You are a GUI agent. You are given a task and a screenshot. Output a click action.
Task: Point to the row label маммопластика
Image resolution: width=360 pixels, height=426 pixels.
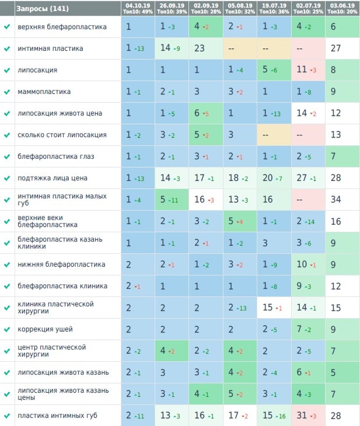(44, 92)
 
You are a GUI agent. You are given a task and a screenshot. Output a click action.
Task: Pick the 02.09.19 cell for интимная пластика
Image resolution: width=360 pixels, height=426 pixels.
(206, 48)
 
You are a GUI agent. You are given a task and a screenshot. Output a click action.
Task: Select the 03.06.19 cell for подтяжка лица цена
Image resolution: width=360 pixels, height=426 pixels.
(342, 178)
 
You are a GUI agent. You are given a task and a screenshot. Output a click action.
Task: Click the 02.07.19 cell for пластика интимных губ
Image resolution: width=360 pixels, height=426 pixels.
(308, 415)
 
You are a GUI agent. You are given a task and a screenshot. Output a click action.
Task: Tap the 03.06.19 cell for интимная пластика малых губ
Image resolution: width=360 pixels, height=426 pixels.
(342, 200)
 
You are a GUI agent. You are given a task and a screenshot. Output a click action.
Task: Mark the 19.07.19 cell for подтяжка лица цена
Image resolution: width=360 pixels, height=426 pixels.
(274, 178)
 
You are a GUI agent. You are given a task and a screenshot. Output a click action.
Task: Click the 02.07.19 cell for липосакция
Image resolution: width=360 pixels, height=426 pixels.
(308, 70)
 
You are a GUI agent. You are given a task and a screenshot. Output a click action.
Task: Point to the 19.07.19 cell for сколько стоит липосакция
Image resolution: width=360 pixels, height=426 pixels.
(274, 135)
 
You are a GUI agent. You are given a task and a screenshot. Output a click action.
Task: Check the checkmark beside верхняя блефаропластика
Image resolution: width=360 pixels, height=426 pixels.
(7, 27)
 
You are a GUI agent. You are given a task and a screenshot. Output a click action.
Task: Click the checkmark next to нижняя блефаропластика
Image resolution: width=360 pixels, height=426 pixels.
(7, 264)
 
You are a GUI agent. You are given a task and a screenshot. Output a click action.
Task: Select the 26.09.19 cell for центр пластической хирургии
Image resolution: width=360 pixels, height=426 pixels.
(172, 351)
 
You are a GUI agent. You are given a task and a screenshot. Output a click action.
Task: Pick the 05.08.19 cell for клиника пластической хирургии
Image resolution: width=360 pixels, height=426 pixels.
(240, 308)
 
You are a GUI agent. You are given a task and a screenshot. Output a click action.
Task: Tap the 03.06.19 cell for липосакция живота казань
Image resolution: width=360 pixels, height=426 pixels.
(342, 372)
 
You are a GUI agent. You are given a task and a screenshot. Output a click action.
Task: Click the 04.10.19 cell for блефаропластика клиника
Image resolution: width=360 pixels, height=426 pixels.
(138, 286)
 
